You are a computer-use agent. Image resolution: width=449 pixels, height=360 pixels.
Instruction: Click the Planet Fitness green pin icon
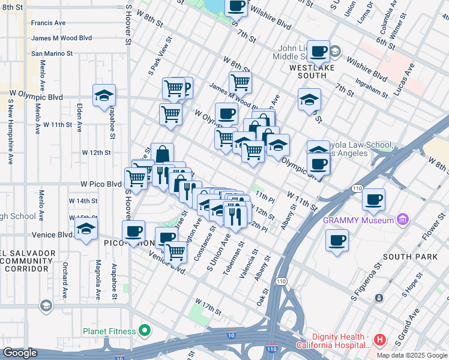tap(144, 330)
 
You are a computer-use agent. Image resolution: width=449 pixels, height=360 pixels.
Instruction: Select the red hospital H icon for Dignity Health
tap(379, 340)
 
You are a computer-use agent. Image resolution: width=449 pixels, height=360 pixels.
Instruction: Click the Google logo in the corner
tap(20, 353)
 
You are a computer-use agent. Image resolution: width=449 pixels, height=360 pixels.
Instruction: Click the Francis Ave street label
tap(49, 23)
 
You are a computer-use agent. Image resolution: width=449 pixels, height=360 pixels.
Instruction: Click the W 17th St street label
tap(208, 307)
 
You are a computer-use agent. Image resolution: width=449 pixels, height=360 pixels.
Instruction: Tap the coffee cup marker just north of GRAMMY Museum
tap(373, 200)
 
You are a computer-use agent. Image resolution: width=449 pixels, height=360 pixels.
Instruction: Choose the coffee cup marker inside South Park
tap(336, 240)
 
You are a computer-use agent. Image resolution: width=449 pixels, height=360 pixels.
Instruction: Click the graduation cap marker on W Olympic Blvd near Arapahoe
tap(104, 95)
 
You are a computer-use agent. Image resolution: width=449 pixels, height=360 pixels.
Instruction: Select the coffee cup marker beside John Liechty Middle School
tap(319, 52)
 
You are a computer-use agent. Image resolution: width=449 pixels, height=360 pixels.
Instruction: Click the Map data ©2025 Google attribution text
tap(412, 355)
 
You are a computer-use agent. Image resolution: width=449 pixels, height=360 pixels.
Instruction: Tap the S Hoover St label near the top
tap(128, 26)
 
